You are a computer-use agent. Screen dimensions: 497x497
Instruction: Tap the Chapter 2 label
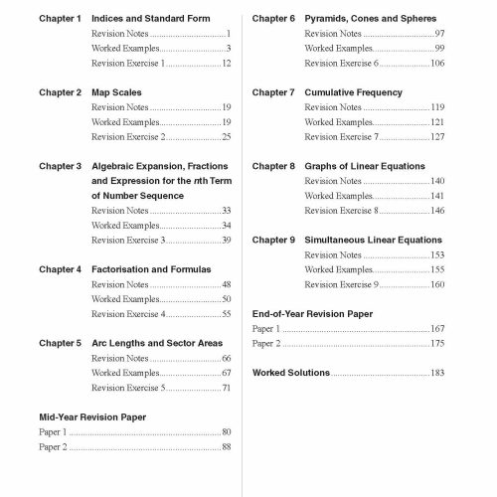coord(60,92)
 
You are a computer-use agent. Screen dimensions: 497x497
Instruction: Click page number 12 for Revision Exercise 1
coord(227,64)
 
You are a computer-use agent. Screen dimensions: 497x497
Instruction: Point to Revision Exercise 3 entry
coord(127,240)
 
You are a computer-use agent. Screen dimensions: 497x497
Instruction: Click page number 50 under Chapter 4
coord(227,299)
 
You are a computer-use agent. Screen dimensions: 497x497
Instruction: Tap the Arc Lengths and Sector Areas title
coord(156,343)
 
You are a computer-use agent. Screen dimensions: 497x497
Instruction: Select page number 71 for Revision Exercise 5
coord(227,388)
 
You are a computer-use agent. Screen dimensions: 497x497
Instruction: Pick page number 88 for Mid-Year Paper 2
coord(227,447)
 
